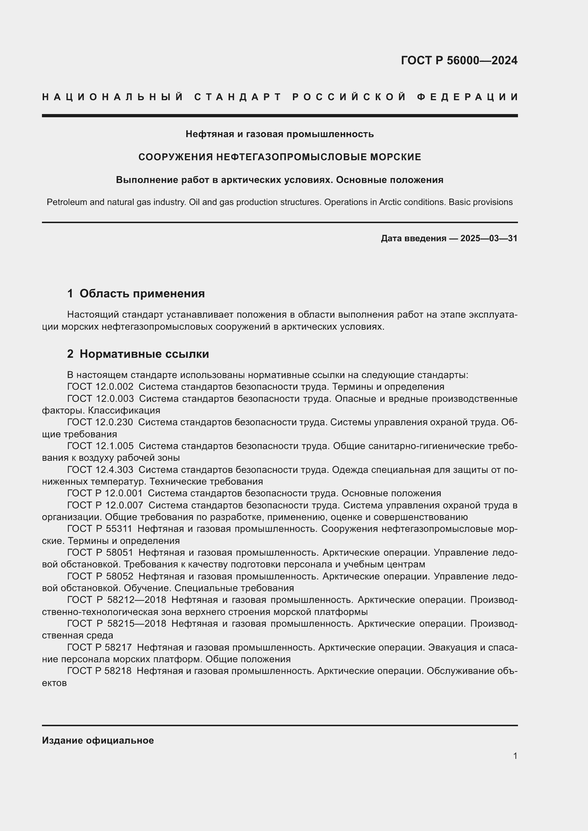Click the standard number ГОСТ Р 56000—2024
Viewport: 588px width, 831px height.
tap(459, 60)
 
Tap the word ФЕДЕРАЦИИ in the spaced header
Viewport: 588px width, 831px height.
tap(467, 97)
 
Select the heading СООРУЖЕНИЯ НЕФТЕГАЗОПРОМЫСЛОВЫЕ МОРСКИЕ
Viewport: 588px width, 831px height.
tap(279, 157)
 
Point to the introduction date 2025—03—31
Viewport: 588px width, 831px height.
tap(489, 238)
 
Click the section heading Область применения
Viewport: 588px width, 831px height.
tap(142, 293)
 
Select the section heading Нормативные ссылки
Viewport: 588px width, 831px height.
tap(144, 354)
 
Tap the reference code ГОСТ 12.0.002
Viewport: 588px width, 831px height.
tap(100, 387)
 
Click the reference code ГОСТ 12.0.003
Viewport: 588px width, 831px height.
tap(100, 399)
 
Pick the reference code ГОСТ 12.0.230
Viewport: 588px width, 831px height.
tap(100, 422)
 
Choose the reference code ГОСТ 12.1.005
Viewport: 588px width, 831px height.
tap(100, 446)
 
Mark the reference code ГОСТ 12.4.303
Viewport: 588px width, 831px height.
tap(100, 470)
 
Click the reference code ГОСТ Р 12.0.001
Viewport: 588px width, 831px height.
tap(105, 493)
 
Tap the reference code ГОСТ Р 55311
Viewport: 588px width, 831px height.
tap(100, 529)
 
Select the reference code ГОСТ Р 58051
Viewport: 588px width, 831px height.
tap(100, 553)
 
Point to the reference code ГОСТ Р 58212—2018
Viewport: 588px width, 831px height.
tap(117, 600)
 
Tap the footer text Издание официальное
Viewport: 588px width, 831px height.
tap(98, 740)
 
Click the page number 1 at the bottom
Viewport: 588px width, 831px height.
tap(515, 756)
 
